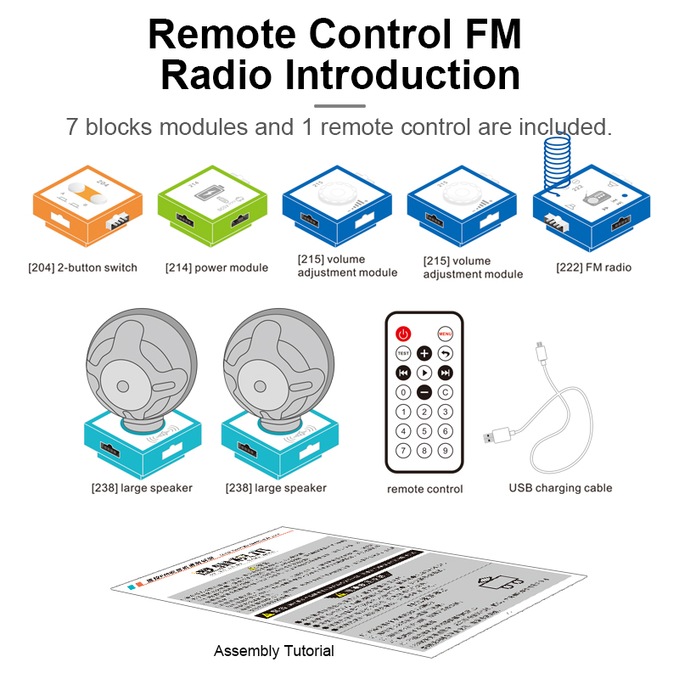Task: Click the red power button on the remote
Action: pos(404,334)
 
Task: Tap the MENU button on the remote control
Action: pos(445,334)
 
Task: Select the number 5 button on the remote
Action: pos(424,431)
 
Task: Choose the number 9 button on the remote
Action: pos(445,451)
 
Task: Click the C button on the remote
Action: pos(445,392)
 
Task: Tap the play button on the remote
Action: pos(424,373)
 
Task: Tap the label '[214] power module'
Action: pos(216,267)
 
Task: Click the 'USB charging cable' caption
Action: pos(560,488)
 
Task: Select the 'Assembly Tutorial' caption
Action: pos(273,651)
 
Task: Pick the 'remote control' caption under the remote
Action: pos(424,489)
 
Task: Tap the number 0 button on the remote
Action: pos(404,392)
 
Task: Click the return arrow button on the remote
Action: pos(445,353)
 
